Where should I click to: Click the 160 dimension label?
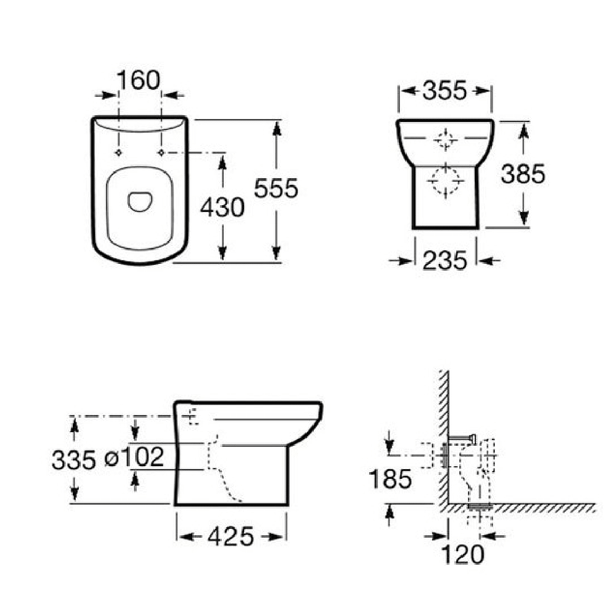point(139,81)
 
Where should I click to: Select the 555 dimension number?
point(276,188)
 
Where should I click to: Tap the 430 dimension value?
point(223,207)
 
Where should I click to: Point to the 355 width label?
point(445,91)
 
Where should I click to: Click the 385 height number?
point(523,174)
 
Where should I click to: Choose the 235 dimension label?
point(445,260)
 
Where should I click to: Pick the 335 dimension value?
point(74,460)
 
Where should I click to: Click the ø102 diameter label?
point(134,457)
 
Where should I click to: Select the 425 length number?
point(231,536)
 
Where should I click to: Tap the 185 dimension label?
point(391,478)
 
